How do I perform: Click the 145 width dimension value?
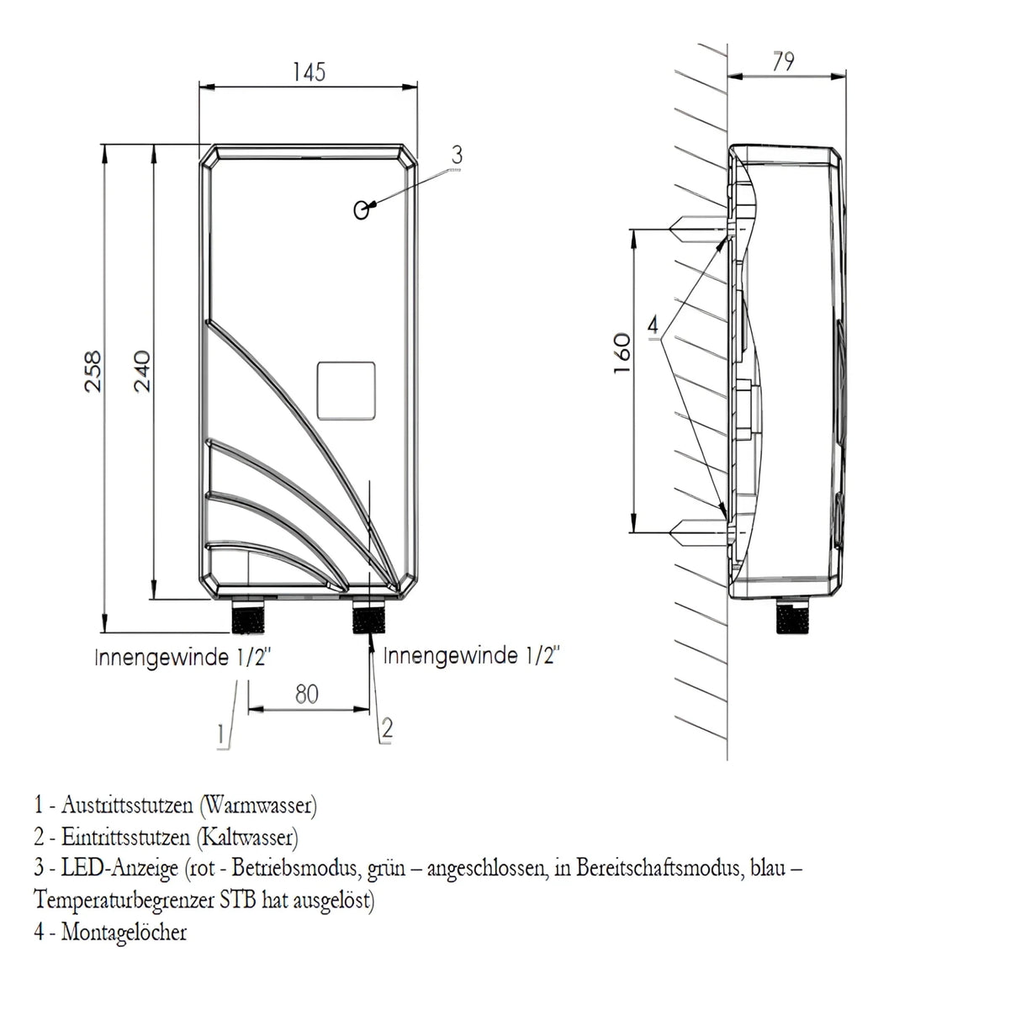[x=309, y=72]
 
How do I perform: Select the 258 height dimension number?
[x=93, y=370]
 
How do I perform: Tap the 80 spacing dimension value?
[x=307, y=695]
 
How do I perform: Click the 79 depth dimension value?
[x=783, y=62]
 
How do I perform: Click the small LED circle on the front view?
[x=362, y=210]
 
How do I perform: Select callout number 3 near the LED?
[x=457, y=155]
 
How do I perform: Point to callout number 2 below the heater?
[x=386, y=728]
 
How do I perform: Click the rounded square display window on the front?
[x=345, y=391]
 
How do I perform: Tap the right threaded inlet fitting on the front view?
[x=369, y=617]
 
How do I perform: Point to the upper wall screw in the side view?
[x=694, y=227]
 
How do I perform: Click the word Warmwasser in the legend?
[x=258, y=806]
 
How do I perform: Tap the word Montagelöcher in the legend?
[x=124, y=932]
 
